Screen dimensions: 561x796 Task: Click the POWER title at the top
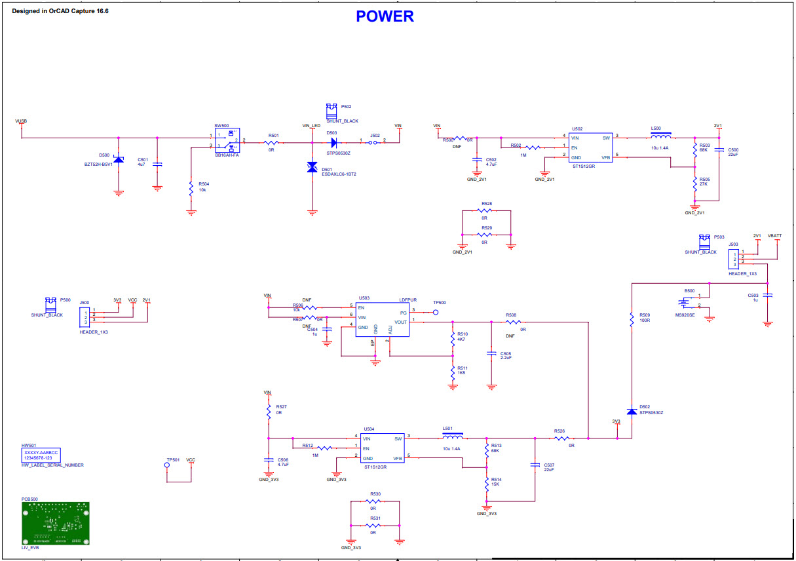tap(385, 16)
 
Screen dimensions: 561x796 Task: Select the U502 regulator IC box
tap(590, 147)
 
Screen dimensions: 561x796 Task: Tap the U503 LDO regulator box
tap(382, 319)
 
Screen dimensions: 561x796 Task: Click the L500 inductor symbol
tap(660, 138)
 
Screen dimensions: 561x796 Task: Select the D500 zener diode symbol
tap(119, 160)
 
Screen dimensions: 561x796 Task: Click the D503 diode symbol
tap(333, 141)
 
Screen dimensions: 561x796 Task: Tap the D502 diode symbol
tap(632, 411)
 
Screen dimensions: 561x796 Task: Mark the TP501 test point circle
tap(168, 466)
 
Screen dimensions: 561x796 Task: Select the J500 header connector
tap(85, 316)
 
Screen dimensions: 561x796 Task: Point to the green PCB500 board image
tap(55, 523)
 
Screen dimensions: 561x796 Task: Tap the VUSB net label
tap(21, 121)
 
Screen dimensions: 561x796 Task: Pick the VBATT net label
tap(774, 235)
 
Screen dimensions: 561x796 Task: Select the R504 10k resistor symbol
tap(191, 186)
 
